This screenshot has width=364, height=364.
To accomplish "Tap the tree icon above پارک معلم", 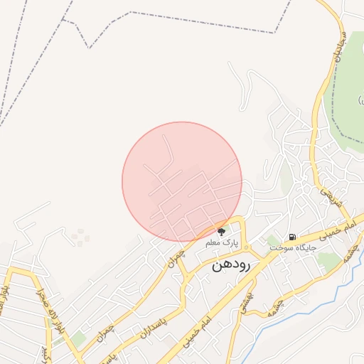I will [x=222, y=230].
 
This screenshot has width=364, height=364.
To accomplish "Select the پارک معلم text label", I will [x=221, y=243].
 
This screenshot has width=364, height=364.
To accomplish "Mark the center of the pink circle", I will [x=182, y=182].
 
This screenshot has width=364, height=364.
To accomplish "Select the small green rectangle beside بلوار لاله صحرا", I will [x=79, y=339].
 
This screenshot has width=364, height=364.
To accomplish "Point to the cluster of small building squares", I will [x=80, y=236].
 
